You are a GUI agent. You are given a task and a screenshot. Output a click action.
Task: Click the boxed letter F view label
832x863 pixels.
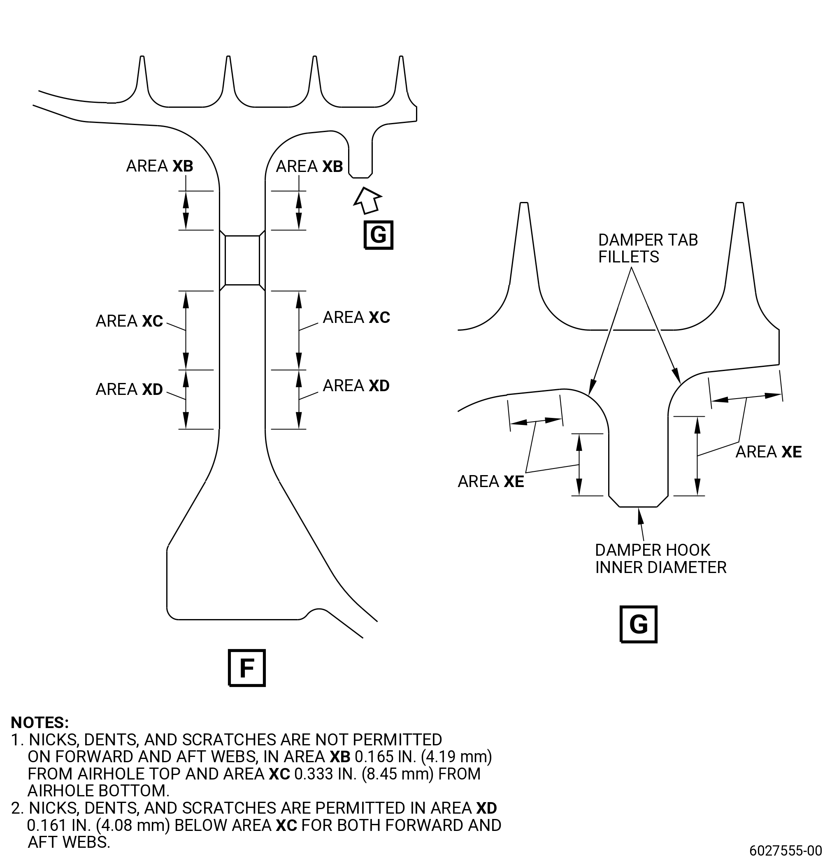coord(246,668)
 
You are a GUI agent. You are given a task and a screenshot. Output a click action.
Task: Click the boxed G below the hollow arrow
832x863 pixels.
coord(378,235)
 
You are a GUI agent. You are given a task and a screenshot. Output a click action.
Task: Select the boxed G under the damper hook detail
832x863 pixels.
coord(638,624)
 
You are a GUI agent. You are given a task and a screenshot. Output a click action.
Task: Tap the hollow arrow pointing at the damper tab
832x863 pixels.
coord(367,200)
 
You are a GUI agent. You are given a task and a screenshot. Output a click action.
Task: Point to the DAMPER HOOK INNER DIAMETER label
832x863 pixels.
coord(661,559)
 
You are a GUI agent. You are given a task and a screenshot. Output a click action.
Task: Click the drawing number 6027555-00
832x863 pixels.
coord(786,849)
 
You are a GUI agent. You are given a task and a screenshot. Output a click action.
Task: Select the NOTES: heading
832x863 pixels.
coord(40,723)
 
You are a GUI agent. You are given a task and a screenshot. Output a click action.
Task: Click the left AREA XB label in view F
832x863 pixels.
coord(159,166)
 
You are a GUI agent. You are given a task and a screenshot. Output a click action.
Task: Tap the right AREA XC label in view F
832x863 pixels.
coord(356,317)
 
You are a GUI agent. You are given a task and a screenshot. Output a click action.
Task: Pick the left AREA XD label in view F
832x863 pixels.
coord(129,389)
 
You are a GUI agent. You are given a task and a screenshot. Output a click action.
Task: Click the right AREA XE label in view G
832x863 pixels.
coord(769,452)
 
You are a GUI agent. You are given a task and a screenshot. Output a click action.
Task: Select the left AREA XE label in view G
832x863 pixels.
coord(490,481)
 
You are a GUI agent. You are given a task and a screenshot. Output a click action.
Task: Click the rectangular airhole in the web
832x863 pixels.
coord(242,260)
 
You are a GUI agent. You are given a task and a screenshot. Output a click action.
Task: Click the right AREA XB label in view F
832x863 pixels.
coord(309,166)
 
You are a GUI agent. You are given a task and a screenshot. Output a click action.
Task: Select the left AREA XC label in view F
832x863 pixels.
coord(129,321)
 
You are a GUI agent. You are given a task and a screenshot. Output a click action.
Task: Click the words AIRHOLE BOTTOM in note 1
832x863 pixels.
coord(98,791)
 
